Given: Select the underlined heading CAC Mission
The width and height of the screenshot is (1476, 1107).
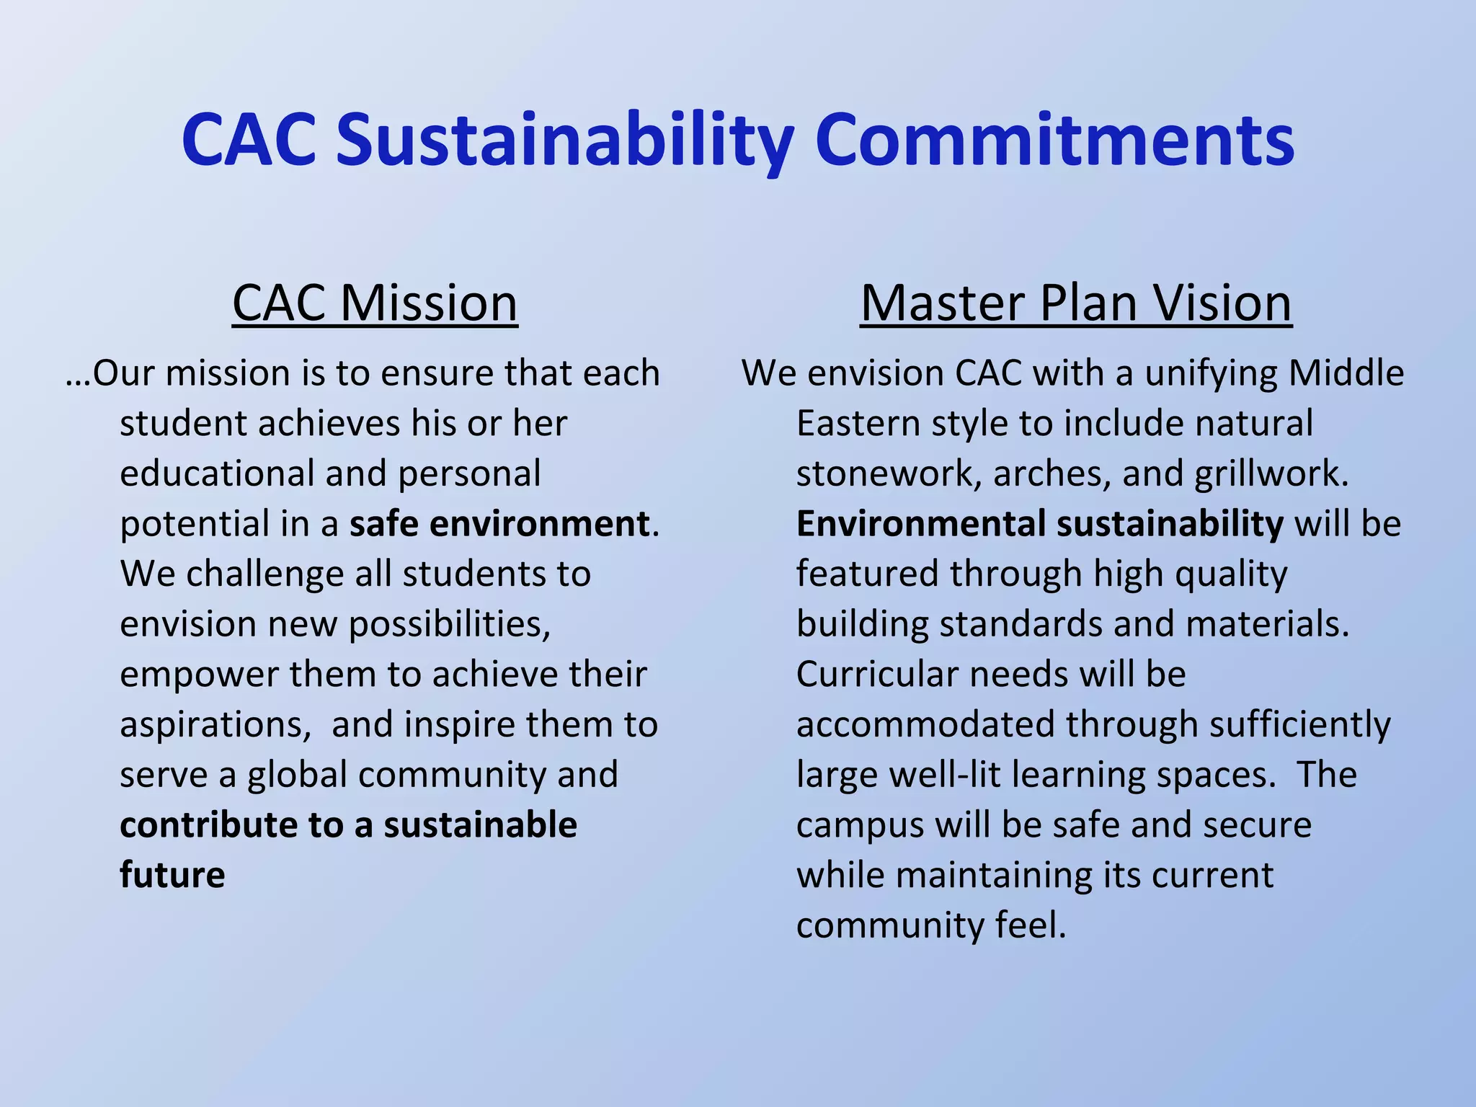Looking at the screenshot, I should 375,303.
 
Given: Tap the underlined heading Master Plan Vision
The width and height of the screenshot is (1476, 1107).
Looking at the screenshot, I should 1075,303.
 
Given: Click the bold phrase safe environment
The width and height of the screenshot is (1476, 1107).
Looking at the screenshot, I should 499,524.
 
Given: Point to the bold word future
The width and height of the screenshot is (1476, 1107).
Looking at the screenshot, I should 172,875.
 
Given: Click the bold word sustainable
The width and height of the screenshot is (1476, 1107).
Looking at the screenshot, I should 480,825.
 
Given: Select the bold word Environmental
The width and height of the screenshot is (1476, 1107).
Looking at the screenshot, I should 921,524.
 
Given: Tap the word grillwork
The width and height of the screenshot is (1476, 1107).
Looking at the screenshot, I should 1271,474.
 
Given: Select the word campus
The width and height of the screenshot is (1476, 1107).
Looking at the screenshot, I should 860,825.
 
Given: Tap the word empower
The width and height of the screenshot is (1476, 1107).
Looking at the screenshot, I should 199,675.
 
